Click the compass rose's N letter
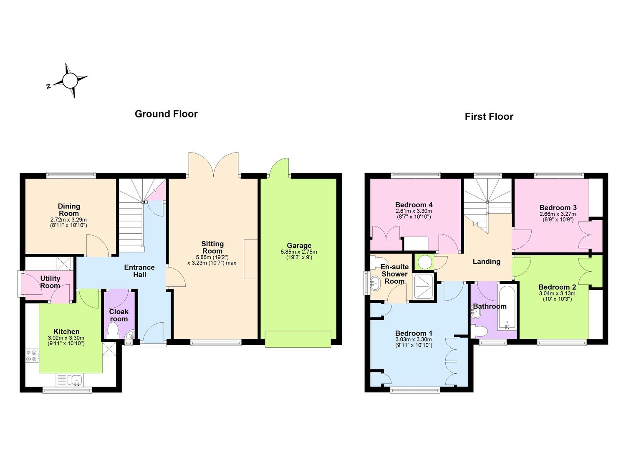pyautogui.click(x=49, y=86)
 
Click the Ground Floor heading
pyautogui.click(x=166, y=114)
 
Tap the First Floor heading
pyautogui.click(x=489, y=117)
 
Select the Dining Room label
pyautogui.click(x=69, y=210)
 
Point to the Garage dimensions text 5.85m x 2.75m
pyautogui.click(x=299, y=252)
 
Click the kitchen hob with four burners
pyautogui.click(x=31, y=356)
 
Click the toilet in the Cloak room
pyautogui.click(x=113, y=331)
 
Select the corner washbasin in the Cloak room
pyautogui.click(x=130, y=334)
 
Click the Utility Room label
pyautogui.click(x=50, y=282)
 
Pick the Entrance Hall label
pyautogui.click(x=139, y=271)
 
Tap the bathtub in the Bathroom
pyautogui.click(x=507, y=307)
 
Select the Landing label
pyautogui.click(x=487, y=262)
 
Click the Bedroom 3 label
pyautogui.click(x=558, y=207)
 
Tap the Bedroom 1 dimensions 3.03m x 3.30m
pyautogui.click(x=414, y=339)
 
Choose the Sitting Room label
pyautogui.click(x=212, y=247)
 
